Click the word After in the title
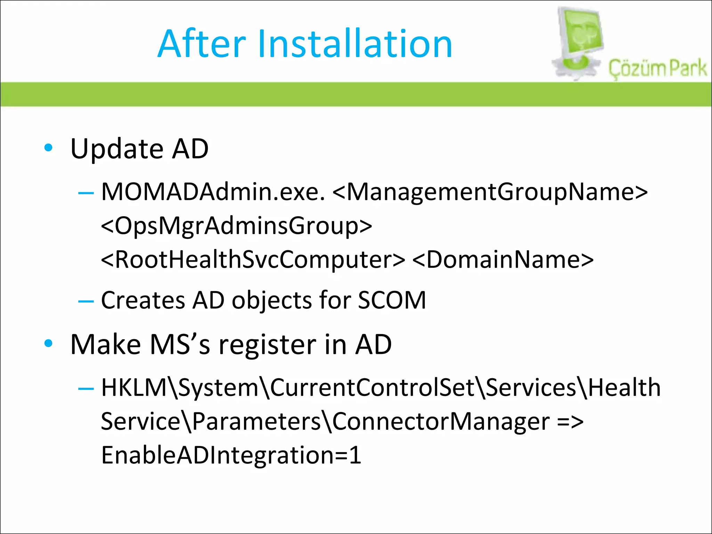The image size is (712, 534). [202, 44]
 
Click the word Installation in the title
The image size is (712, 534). [355, 44]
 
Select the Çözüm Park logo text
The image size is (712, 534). [657, 68]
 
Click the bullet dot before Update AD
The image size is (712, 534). [48, 148]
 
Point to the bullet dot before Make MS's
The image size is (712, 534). [48, 343]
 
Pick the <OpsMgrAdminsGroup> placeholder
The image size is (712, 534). [236, 226]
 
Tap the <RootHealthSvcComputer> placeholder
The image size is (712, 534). [253, 259]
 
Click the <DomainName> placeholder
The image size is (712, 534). [503, 259]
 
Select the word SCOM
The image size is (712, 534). [392, 300]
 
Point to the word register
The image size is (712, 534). [268, 344]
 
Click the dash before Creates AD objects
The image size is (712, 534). [86, 300]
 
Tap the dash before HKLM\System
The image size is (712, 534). [86, 388]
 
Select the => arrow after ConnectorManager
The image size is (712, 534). [570, 422]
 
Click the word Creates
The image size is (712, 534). [143, 300]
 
